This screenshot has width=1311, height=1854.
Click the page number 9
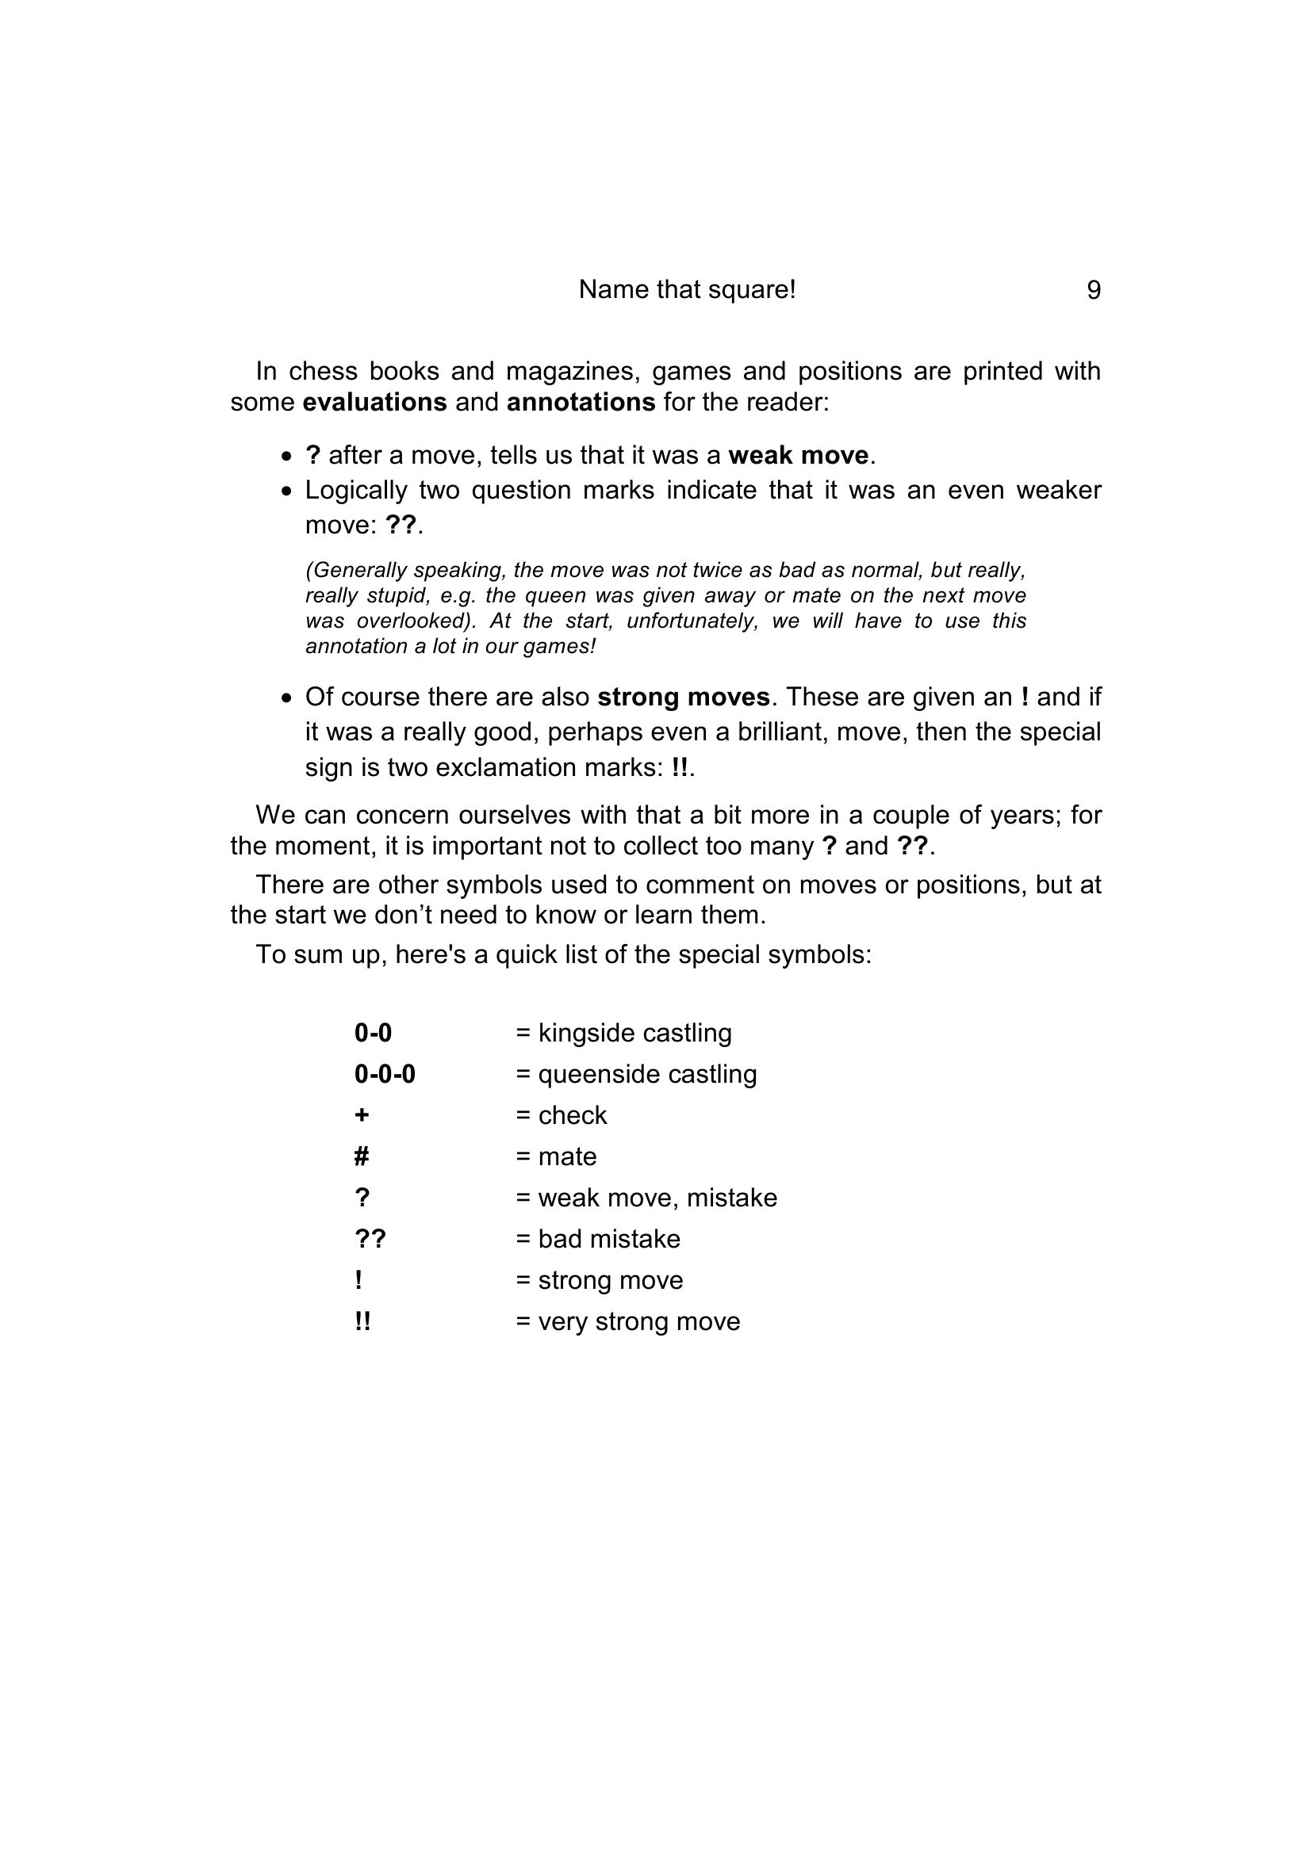1093,290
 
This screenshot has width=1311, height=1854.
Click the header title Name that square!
687,290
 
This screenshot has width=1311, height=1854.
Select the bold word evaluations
374,402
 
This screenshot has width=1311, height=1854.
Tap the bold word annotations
580,402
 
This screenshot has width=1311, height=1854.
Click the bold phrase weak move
797,456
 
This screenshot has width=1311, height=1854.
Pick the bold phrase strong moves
684,697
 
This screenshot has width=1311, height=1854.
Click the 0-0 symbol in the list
373,1033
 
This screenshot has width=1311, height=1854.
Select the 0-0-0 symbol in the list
385,1074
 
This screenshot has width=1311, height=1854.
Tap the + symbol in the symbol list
362,1115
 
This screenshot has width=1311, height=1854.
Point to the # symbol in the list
362,1156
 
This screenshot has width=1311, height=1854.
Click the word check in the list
572,1115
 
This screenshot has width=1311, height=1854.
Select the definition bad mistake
608,1239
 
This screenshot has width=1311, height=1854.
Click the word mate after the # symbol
567,1156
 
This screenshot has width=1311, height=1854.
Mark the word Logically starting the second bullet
356,490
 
